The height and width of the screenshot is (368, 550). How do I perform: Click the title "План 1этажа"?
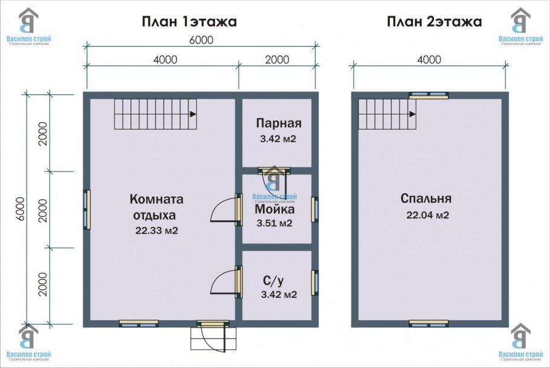click(189, 22)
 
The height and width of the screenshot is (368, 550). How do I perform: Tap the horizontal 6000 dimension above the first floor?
click(201, 41)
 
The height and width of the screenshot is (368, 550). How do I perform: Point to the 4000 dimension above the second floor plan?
click(429, 59)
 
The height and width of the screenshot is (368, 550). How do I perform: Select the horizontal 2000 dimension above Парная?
click(277, 59)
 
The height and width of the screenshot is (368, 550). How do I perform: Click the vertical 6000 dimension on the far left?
click(20, 208)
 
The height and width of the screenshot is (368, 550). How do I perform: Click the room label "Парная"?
click(278, 123)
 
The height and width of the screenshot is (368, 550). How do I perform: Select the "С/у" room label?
click(273, 281)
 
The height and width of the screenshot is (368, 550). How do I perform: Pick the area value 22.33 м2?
click(157, 230)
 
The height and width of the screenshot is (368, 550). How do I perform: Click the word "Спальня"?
click(425, 199)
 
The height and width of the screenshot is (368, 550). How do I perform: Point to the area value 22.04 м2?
click(429, 215)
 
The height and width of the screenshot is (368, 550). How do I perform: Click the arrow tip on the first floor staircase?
click(193, 114)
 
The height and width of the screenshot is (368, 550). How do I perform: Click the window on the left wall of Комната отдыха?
click(86, 209)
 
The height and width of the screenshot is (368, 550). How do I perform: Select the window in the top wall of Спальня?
click(429, 95)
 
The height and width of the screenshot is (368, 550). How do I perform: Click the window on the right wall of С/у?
click(314, 283)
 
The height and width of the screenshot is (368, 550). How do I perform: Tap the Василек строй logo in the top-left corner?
click(28, 26)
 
